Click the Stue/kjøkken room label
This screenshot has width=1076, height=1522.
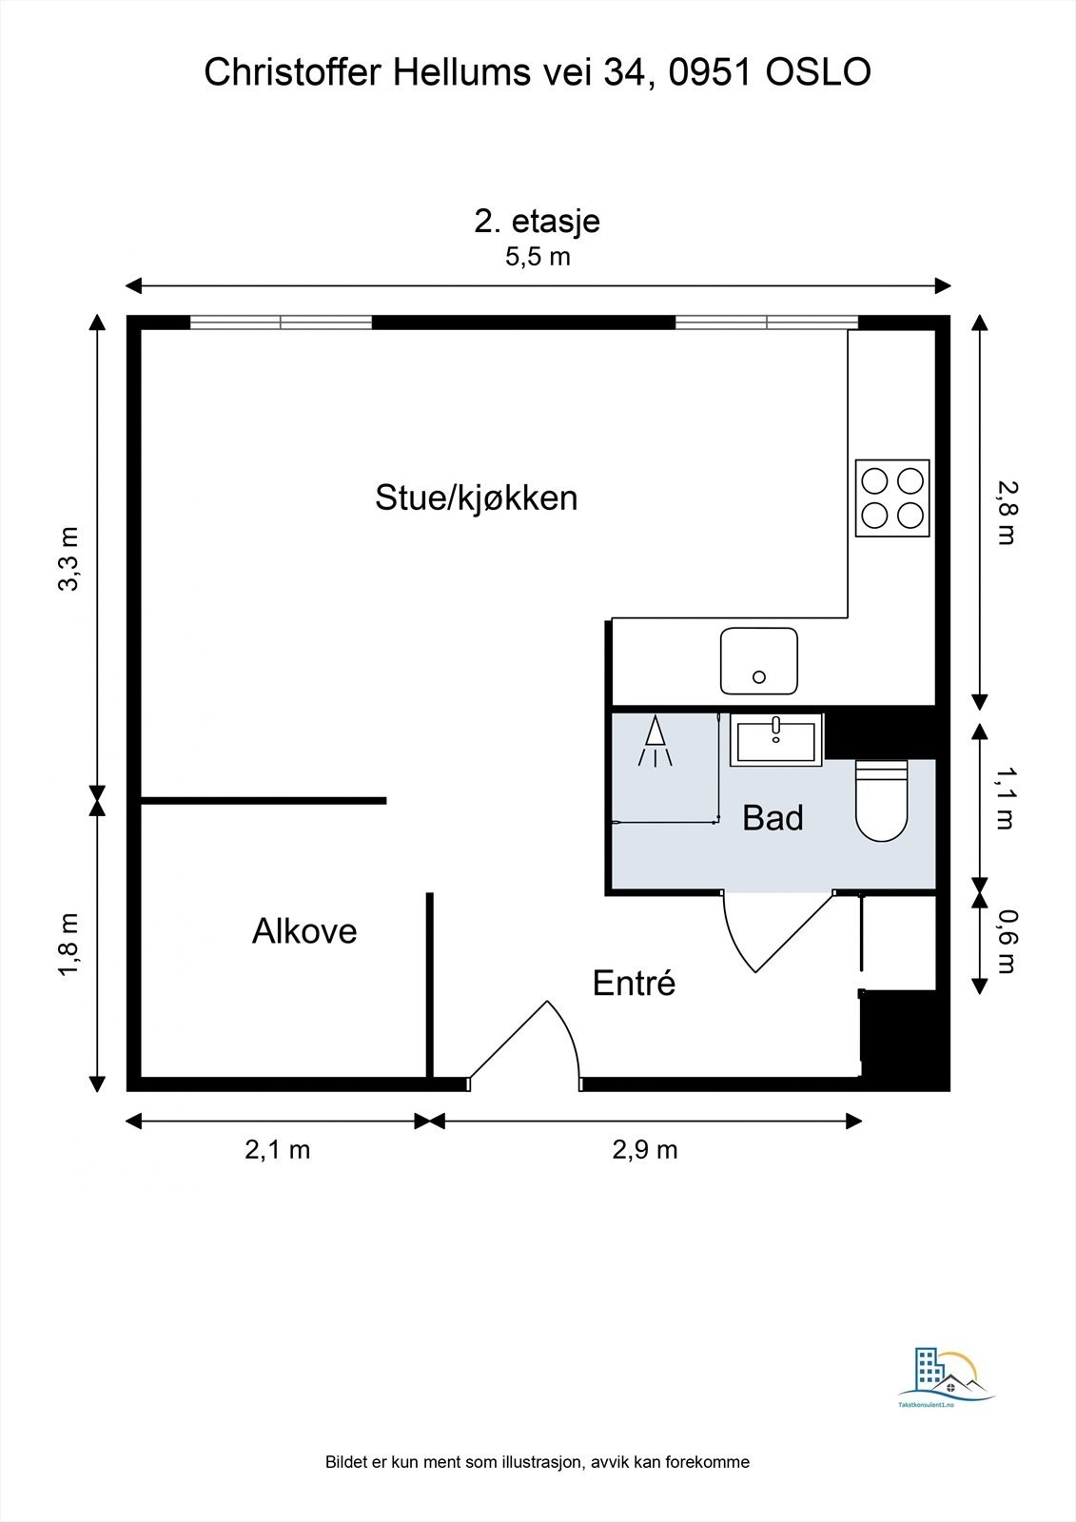(x=476, y=498)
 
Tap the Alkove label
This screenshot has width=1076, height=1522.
(x=304, y=931)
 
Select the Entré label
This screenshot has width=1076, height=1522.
(x=635, y=983)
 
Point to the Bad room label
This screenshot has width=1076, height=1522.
(x=773, y=817)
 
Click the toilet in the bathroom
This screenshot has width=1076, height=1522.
(x=881, y=801)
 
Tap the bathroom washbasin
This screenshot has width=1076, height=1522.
(x=776, y=740)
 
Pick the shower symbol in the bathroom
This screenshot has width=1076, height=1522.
(x=655, y=741)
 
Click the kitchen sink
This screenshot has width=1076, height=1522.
(x=758, y=661)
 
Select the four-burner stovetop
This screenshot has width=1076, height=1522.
(x=892, y=499)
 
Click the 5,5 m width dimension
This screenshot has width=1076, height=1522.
(x=537, y=257)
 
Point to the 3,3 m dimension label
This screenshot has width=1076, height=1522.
(x=69, y=558)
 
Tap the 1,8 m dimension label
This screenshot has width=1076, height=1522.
(x=69, y=946)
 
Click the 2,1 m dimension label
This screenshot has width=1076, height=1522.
(x=278, y=1150)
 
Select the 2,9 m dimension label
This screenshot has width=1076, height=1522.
(x=645, y=1150)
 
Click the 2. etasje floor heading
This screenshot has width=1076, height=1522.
(x=537, y=221)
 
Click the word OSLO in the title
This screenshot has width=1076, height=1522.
(x=818, y=72)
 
